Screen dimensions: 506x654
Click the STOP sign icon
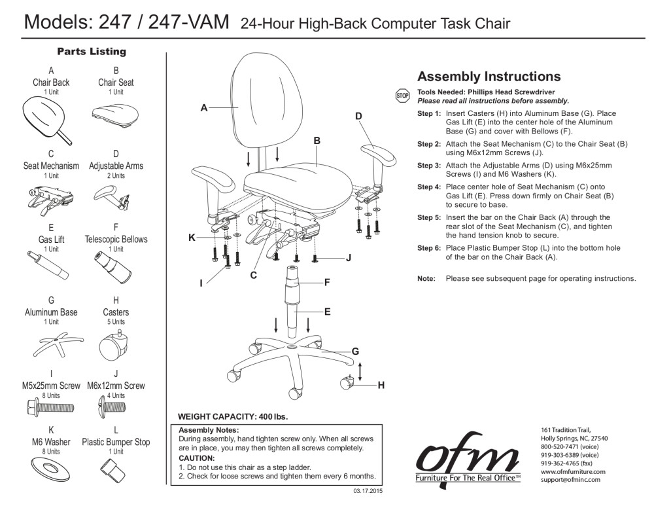pos(402,96)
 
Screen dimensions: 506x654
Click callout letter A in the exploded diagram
pos(204,108)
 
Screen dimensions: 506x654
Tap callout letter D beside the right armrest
pos(358,117)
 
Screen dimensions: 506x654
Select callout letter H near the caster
pos(381,386)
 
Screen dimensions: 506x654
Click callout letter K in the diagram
pos(192,238)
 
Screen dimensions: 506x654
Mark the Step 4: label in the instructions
pos(429,187)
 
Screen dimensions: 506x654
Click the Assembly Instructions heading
pos(489,77)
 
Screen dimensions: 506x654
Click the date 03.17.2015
pos(368,490)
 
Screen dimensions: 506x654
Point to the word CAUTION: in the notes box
pos(197,458)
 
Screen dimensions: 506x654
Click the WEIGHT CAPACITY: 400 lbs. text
pos(233,416)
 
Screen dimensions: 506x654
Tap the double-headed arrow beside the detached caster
pos(360,372)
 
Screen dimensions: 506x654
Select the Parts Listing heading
pos(92,51)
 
